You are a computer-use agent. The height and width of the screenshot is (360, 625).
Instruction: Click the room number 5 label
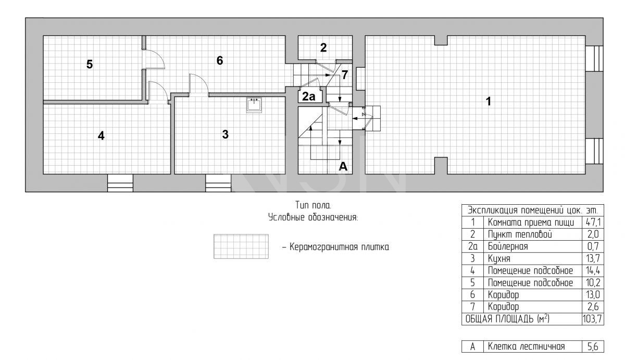[89, 64]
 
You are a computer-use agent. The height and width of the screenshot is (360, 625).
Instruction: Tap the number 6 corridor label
[220, 60]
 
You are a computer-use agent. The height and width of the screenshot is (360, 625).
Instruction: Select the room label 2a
[308, 96]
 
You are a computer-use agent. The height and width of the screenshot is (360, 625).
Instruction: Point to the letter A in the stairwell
[343, 166]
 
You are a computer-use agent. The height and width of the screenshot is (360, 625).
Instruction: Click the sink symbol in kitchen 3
[254, 105]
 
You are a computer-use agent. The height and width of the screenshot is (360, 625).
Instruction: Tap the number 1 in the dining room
[489, 101]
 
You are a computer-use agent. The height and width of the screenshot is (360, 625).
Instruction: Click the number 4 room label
[101, 135]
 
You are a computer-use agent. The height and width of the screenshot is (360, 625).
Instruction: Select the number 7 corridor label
[345, 75]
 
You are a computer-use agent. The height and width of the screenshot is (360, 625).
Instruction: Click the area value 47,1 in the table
[593, 222]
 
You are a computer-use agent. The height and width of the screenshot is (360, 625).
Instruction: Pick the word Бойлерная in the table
[508, 246]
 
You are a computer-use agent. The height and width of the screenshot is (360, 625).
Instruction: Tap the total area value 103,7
[592, 319]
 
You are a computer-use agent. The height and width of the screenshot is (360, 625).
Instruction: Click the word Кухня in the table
[499, 259]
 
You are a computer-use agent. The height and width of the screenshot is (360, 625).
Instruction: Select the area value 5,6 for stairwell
[593, 346]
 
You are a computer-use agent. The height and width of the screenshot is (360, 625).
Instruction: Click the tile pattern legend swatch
[241, 246]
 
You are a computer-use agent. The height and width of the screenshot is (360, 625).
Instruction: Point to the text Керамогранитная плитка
[339, 247]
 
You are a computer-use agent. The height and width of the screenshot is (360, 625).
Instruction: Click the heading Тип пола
[313, 205]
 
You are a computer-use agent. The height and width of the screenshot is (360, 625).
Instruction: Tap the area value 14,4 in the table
[593, 271]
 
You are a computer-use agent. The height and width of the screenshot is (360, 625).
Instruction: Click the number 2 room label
[323, 48]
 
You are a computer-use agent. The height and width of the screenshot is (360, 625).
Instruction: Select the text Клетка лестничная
[526, 346]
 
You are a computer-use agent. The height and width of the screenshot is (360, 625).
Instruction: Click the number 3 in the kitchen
[226, 134]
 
